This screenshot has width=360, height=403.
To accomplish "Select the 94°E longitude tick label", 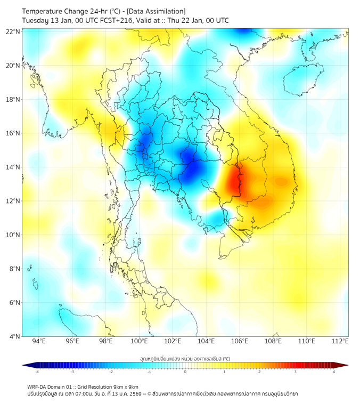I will coord(39,341).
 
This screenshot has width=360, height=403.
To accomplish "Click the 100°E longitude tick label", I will coord(140,341).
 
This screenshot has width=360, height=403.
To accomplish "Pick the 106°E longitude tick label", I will coord(240,341).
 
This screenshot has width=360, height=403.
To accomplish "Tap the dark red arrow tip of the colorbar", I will coord(346,365).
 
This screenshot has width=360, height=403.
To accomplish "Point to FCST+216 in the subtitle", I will coord(110,20).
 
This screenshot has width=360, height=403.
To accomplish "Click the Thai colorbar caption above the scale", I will coord(185,358).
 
